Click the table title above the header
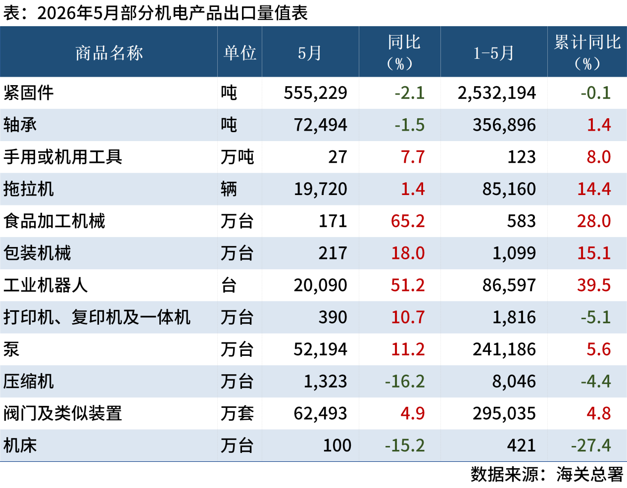(x=155, y=13)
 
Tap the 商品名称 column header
(x=109, y=53)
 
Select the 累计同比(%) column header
(x=587, y=52)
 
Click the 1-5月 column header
(x=493, y=53)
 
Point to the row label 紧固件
(x=28, y=93)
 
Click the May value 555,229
(x=315, y=93)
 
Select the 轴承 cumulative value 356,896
(x=504, y=125)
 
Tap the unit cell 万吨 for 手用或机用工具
(x=237, y=157)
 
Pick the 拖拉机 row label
(x=28, y=189)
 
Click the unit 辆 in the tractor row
(x=229, y=189)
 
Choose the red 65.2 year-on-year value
(x=408, y=221)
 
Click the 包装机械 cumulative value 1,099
(x=514, y=253)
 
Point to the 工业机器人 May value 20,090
(x=320, y=285)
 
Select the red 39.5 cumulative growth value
(x=594, y=285)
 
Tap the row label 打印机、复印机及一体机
(x=97, y=317)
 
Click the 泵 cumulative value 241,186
(x=504, y=349)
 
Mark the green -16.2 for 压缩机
(x=405, y=381)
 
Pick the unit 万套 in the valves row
(x=237, y=413)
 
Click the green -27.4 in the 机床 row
(x=591, y=445)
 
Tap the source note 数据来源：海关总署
(x=547, y=474)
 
